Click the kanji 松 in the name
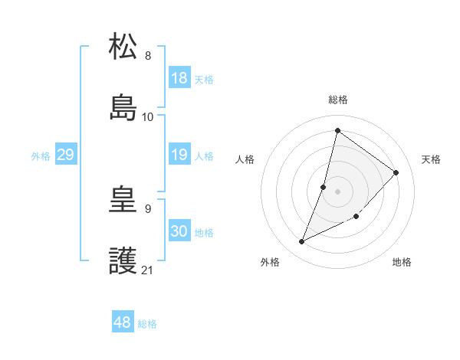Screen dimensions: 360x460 tap(123, 47)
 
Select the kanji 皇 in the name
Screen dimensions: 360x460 tap(123, 201)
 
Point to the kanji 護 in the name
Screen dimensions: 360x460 tap(123, 262)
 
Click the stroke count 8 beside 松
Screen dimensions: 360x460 tap(148, 56)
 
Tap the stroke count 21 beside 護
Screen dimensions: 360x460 tap(148, 270)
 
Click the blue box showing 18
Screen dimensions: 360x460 tap(179, 78)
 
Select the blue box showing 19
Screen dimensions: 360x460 tap(179, 155)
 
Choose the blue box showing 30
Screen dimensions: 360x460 tap(179, 231)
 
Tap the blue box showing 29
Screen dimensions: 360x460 tap(65, 155)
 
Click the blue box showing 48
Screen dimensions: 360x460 tap(123, 322)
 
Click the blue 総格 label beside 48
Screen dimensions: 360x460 tap(147, 324)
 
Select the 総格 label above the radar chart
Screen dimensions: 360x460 tap(338, 100)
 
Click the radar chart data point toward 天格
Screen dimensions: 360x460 tap(396, 172)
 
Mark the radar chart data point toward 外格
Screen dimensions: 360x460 tap(302, 242)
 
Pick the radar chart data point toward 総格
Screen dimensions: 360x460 tap(337, 130)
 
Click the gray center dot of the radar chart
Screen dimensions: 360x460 tap(338, 191)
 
